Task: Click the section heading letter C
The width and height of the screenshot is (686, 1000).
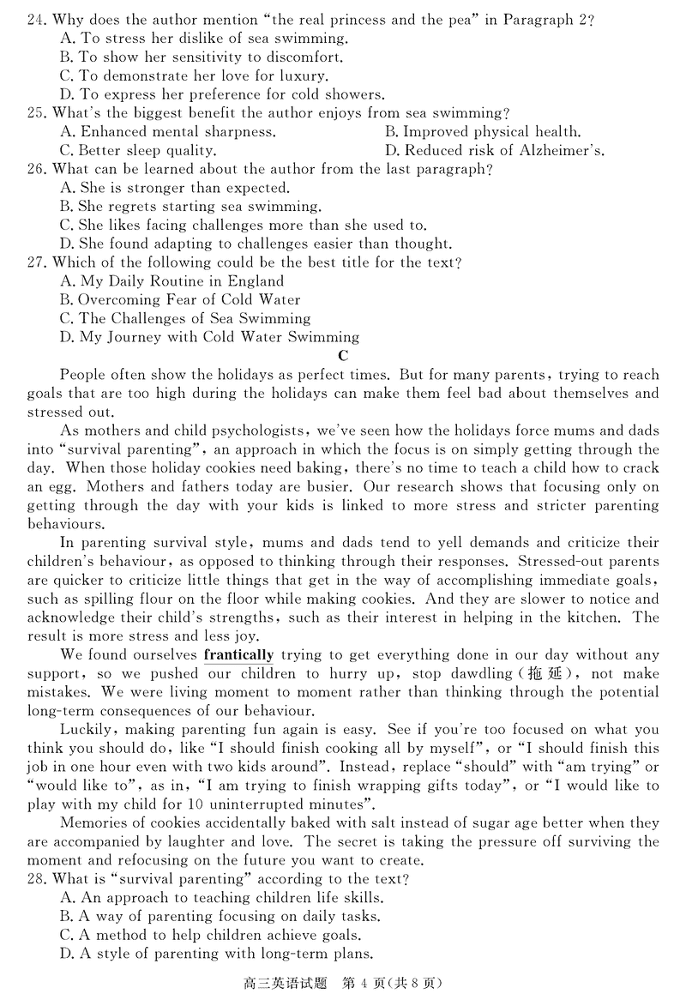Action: click(x=343, y=356)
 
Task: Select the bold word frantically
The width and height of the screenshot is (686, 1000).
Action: click(x=239, y=655)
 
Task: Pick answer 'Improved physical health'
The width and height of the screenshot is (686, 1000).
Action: click(x=483, y=132)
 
